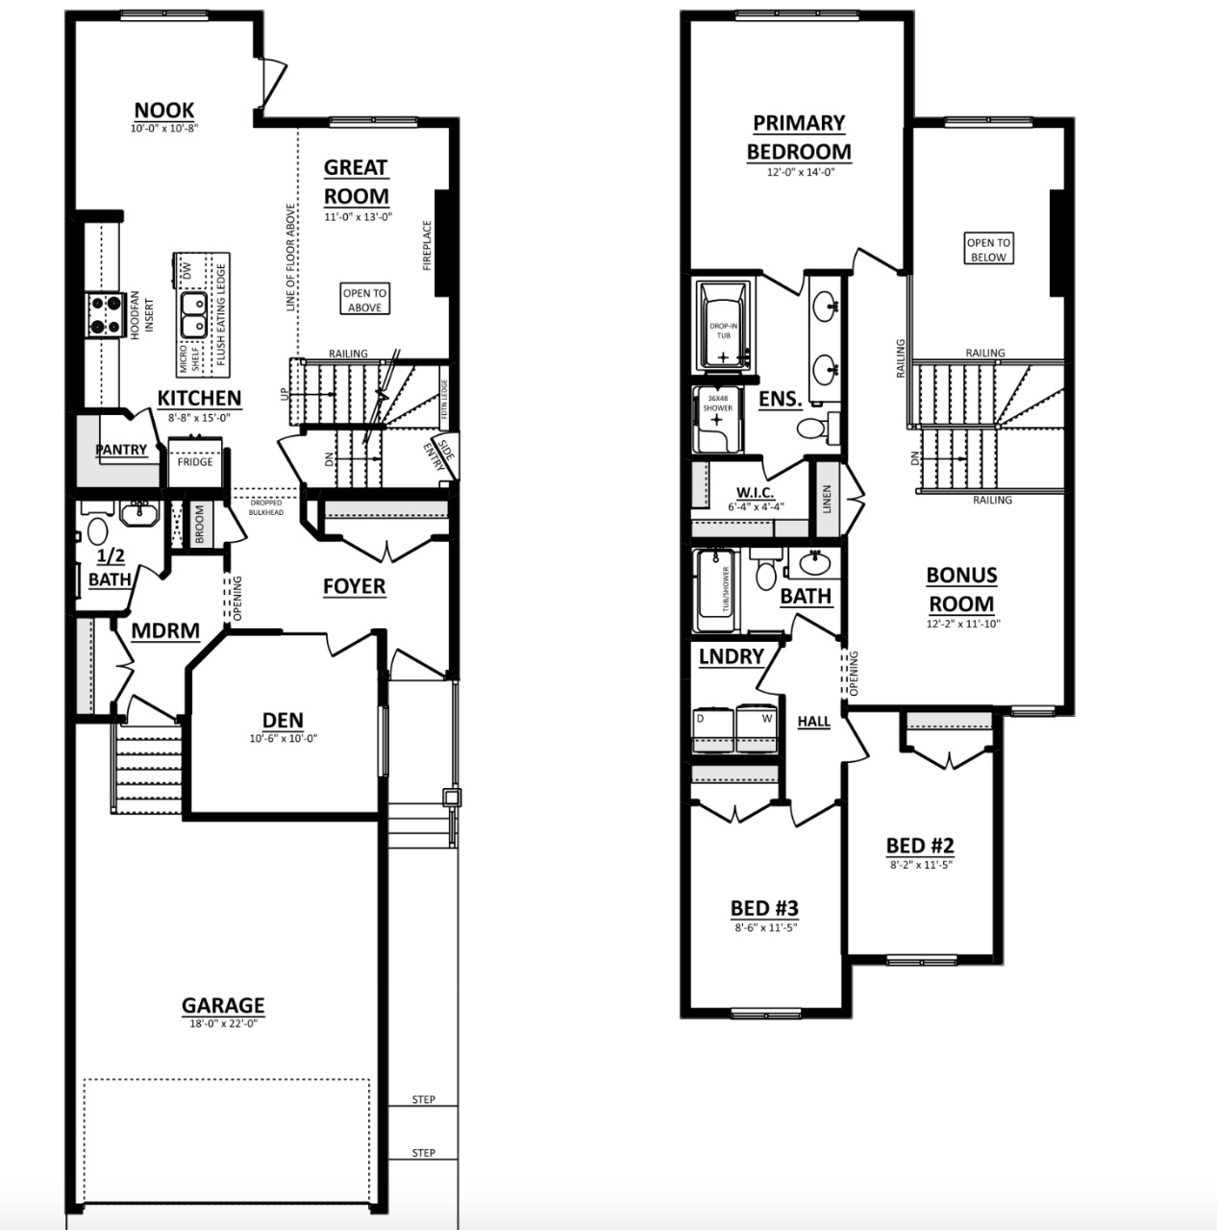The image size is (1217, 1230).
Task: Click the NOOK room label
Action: [163, 111]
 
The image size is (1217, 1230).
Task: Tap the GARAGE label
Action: [223, 1005]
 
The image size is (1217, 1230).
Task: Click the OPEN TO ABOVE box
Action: [365, 300]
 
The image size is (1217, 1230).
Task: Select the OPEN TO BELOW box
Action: [988, 250]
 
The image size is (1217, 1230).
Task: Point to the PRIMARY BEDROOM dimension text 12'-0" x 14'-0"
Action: [799, 173]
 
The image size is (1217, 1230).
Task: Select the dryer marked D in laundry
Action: [711, 731]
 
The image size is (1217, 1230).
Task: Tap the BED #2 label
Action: [919, 845]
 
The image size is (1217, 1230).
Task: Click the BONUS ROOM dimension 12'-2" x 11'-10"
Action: [961, 624]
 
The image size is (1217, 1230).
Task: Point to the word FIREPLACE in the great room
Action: [428, 245]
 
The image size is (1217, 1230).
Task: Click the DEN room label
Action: [283, 720]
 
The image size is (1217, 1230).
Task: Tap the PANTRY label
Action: [121, 450]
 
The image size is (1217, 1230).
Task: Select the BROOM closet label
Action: [200, 526]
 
